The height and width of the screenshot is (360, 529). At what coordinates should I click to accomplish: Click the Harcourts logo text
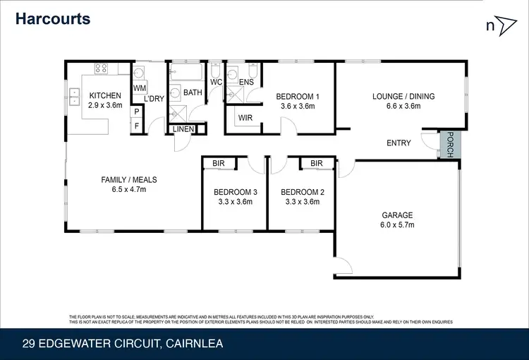pyautogui.click(x=54, y=18)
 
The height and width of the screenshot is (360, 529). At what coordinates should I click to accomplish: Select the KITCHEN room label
pyautogui.click(x=105, y=96)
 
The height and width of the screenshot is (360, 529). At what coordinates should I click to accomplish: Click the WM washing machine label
pyautogui.click(x=139, y=88)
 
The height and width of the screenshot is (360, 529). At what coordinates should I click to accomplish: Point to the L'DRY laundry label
pyautogui.click(x=154, y=99)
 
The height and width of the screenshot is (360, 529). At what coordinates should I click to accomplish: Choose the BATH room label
pyautogui.click(x=193, y=92)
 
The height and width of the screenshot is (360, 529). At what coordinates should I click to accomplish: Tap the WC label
pyautogui.click(x=217, y=83)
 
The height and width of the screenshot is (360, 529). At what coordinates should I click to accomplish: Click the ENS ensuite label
pyautogui.click(x=246, y=83)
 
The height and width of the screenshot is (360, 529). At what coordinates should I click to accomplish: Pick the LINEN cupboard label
pyautogui.click(x=185, y=128)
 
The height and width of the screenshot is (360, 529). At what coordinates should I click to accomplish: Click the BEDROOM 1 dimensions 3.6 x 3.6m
pyautogui.click(x=298, y=107)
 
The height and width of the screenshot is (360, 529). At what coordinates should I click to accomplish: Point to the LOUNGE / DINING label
pyautogui.click(x=403, y=97)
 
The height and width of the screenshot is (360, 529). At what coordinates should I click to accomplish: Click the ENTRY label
pyautogui.click(x=399, y=143)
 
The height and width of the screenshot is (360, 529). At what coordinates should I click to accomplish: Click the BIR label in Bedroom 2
pyautogui.click(x=316, y=164)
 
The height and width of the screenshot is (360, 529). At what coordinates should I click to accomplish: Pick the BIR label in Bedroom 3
pyautogui.click(x=219, y=164)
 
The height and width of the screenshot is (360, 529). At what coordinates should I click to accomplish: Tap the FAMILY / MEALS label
pyautogui.click(x=129, y=180)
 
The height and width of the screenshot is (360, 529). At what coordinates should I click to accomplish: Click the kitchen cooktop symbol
pyautogui.click(x=101, y=69)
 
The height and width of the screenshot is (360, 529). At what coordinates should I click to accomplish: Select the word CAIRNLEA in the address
pyautogui.click(x=195, y=344)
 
